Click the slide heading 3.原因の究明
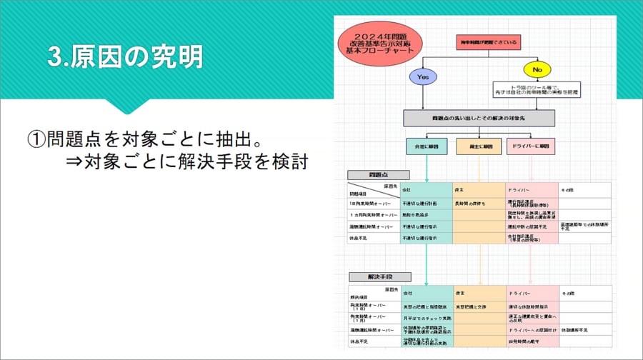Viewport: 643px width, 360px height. (125, 58)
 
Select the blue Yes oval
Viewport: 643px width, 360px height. (422, 76)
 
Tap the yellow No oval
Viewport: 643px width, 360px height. (537, 70)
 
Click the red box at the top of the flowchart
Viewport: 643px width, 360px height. (487, 44)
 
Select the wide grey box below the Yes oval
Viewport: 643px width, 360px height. (479, 118)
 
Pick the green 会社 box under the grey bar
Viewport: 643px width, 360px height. (427, 146)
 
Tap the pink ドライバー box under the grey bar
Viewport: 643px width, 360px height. (530, 146)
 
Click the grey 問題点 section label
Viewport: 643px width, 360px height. (378, 174)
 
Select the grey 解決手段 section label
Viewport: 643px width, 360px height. (379, 276)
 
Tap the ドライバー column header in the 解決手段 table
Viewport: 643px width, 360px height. (519, 294)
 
